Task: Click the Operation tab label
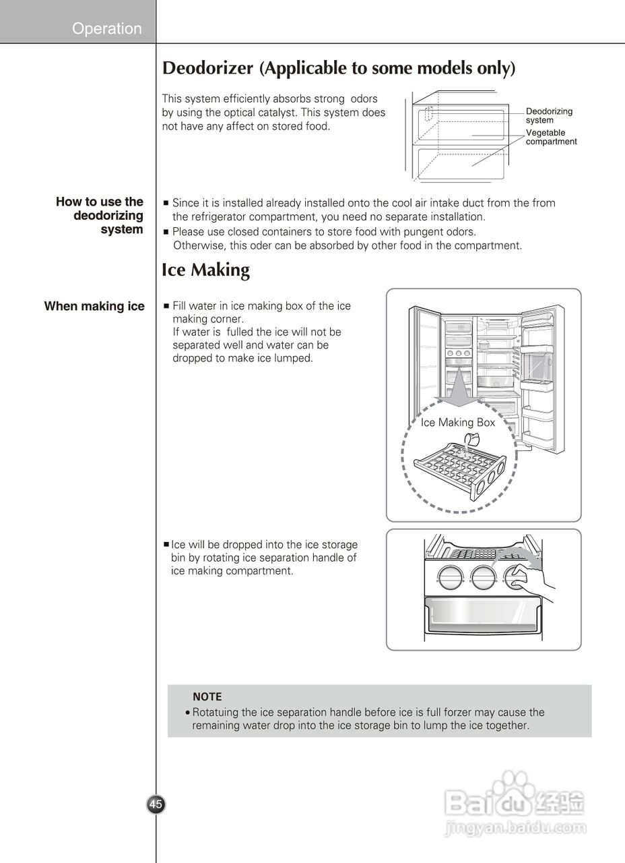pyautogui.click(x=107, y=28)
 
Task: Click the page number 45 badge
pyautogui.click(x=156, y=804)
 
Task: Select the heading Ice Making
pyautogui.click(x=205, y=270)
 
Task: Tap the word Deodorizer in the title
pyautogui.click(x=208, y=68)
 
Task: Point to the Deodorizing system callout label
pyautogui.click(x=549, y=115)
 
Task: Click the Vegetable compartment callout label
pyautogui.click(x=551, y=138)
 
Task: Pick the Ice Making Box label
pyautogui.click(x=457, y=423)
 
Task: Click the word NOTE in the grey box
pyautogui.click(x=207, y=697)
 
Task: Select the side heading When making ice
pyautogui.click(x=94, y=307)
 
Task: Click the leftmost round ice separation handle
pyautogui.click(x=449, y=576)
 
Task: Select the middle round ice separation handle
pyautogui.click(x=483, y=576)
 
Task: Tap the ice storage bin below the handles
pyautogui.click(x=482, y=615)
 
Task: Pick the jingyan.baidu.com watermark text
pyautogui.click(x=516, y=827)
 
